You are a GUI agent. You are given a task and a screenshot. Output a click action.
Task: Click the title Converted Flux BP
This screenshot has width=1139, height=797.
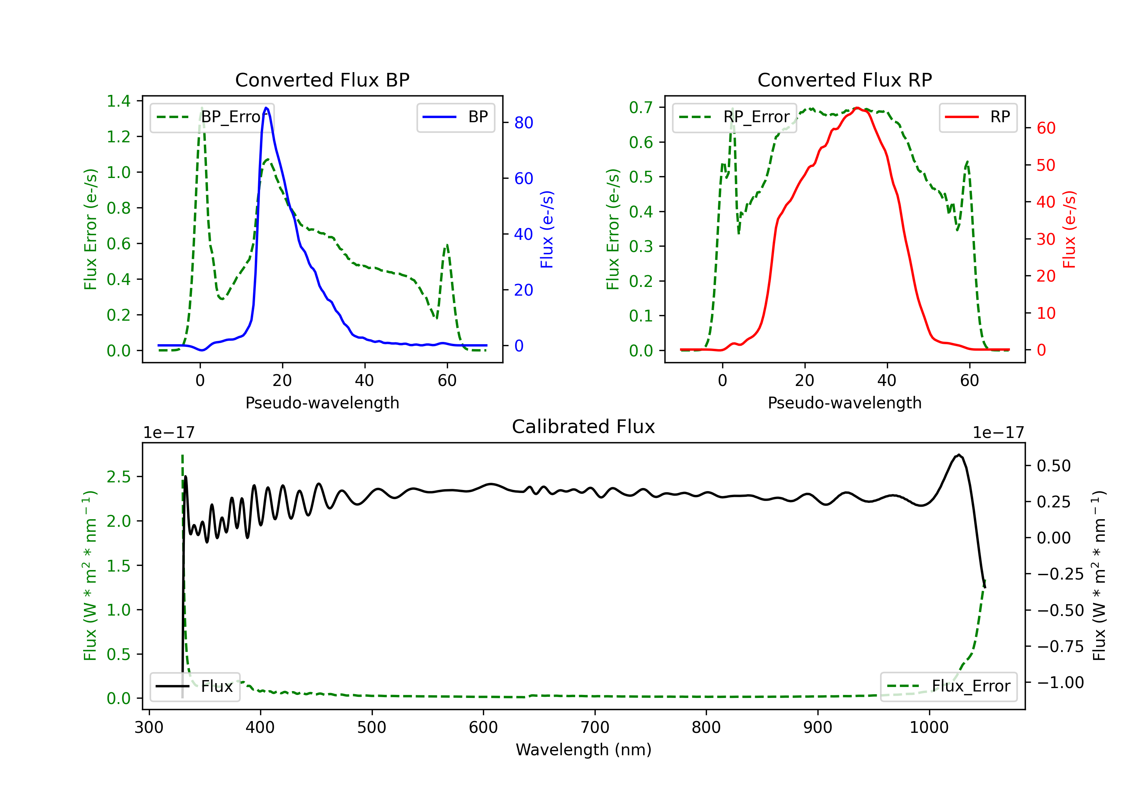click(322, 80)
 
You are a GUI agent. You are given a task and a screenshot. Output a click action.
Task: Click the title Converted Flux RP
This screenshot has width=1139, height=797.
click(844, 80)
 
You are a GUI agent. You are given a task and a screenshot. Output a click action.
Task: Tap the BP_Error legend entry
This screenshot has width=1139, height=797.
click(212, 117)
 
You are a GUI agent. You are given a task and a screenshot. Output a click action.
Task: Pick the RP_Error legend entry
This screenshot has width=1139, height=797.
click(735, 117)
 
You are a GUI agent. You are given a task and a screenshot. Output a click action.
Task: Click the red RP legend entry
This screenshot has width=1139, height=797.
click(978, 117)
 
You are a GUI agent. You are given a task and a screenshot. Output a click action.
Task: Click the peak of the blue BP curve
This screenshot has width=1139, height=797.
click(267, 108)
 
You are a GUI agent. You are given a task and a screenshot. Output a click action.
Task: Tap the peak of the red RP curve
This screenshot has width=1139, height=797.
click(857, 108)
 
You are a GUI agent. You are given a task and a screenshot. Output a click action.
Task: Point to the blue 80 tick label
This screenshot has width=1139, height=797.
click(523, 123)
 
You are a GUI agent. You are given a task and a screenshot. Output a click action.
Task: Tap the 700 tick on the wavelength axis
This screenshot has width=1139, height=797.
click(595, 727)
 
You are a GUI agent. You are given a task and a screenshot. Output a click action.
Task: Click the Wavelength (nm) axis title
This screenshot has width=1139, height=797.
click(584, 750)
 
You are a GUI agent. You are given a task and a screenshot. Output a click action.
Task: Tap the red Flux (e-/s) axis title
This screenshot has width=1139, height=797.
click(1070, 229)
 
